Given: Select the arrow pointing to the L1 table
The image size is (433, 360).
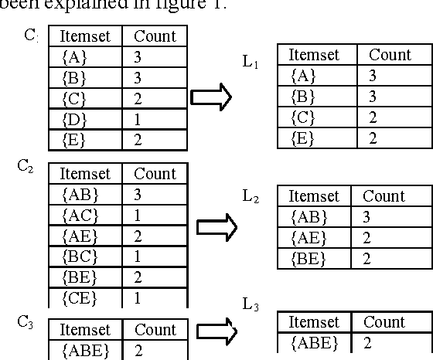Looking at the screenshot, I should tap(211, 97).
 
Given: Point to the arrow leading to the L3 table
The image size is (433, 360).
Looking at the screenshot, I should tap(216, 331).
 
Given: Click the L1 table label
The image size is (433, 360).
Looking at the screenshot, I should tap(250, 61).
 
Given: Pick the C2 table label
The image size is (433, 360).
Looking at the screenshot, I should tap(26, 166).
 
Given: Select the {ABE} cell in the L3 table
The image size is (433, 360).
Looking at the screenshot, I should tap(314, 342).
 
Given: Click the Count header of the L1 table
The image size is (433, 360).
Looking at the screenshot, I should tap(390, 55).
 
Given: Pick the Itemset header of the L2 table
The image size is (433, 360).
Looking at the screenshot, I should tap(314, 196).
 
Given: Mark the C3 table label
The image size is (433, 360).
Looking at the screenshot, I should tap(26, 321).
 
